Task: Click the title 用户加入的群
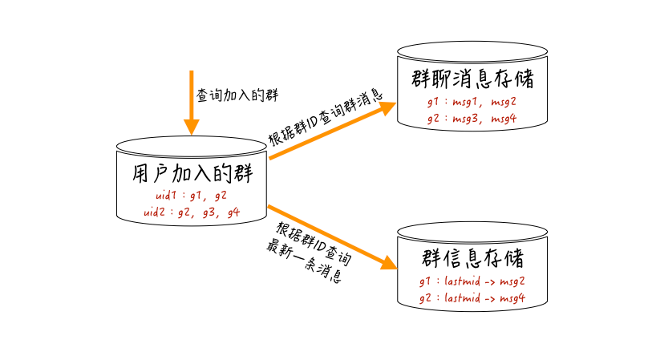[x=191, y=173]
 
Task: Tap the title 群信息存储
[x=472, y=259]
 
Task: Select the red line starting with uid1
[x=192, y=196]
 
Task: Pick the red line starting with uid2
[x=192, y=212]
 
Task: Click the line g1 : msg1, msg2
[x=472, y=103]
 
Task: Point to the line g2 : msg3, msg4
[x=472, y=119]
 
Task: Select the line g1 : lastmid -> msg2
[x=472, y=281]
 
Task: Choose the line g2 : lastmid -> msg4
[x=472, y=297]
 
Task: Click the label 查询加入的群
[x=237, y=95]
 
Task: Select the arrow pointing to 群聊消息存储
[x=329, y=131]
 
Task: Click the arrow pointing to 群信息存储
[x=329, y=235]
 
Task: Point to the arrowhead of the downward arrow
[x=191, y=126]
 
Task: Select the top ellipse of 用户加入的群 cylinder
[x=191, y=145]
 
